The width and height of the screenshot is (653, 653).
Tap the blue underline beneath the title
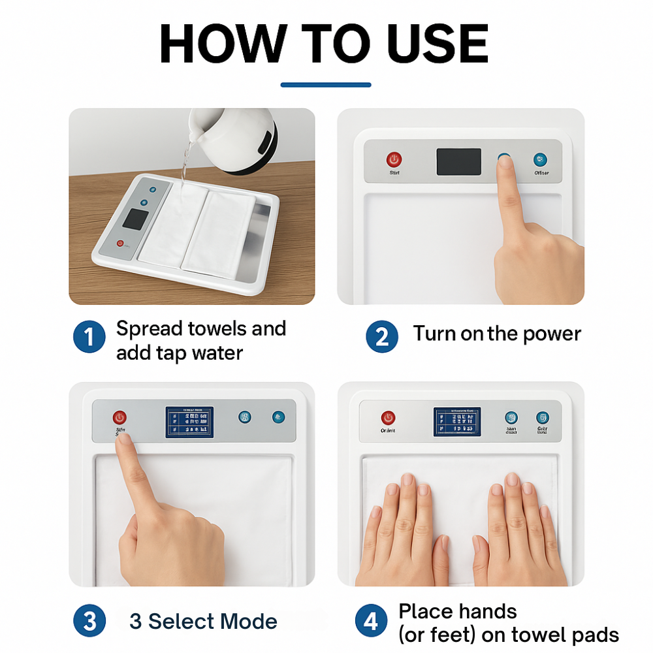click(326, 84)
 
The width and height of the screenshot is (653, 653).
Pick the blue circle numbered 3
click(89, 621)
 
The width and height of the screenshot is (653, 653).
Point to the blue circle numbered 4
click(371, 621)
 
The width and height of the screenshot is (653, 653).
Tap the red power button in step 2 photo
click(394, 159)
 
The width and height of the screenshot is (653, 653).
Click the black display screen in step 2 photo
click(458, 161)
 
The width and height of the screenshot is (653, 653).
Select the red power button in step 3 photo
click(119, 417)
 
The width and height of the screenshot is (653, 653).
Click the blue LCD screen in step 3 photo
click(189, 422)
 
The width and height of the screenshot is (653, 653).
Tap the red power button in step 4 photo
click(388, 417)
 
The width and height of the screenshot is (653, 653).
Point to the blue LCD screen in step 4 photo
click(457, 422)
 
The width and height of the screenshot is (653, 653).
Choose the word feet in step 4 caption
click(457, 634)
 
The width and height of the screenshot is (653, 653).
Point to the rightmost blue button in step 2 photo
click(540, 159)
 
